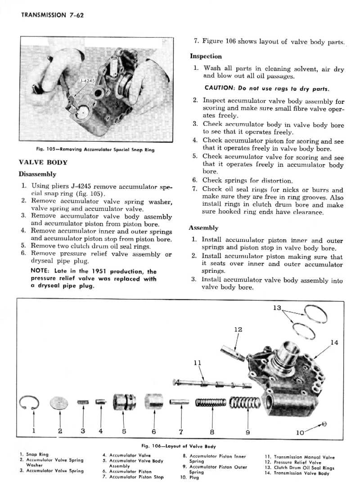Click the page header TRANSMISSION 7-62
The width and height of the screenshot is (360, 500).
(53, 14)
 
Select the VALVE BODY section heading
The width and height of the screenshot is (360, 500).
(43, 162)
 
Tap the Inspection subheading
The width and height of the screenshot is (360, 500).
(206, 57)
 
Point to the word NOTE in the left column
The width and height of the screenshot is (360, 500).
(39, 271)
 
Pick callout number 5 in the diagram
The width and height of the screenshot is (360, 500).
(124, 431)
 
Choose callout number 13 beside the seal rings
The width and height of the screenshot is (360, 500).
(277, 308)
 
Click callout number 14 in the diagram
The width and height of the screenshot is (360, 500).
(334, 343)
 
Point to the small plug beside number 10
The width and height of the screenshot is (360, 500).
(324, 424)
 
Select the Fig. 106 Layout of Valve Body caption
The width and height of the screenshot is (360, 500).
(179, 446)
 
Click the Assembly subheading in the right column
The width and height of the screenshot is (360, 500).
(203, 228)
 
